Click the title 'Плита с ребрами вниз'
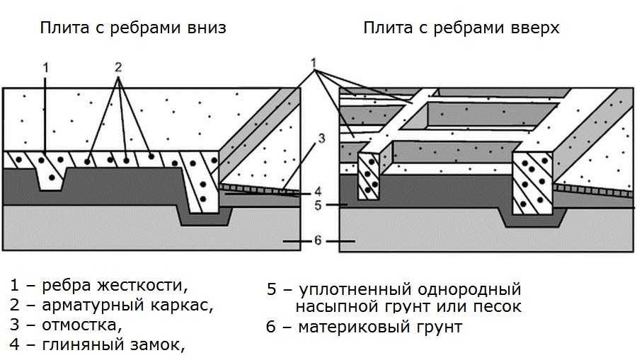point(133,28)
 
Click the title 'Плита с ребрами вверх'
point(461,28)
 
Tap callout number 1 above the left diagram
point(45,68)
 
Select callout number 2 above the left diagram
point(118,68)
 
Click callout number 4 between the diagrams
point(318,190)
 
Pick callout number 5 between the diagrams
point(318,205)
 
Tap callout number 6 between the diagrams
point(318,240)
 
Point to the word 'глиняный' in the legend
point(76,345)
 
